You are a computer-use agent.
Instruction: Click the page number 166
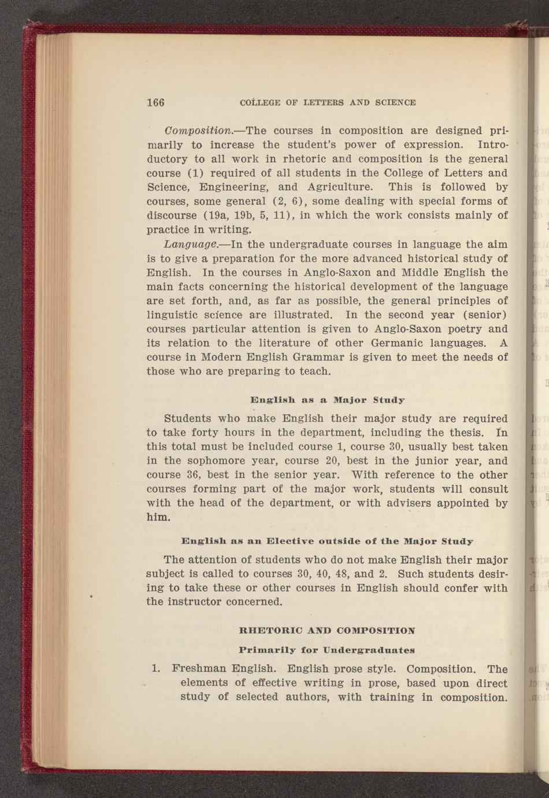[155, 102]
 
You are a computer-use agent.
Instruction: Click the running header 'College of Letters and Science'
[328, 102]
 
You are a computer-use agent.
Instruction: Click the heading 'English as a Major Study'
[327, 400]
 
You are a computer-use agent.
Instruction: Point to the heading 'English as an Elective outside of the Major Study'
[327, 541]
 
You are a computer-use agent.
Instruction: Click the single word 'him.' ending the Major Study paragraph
[158, 517]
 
